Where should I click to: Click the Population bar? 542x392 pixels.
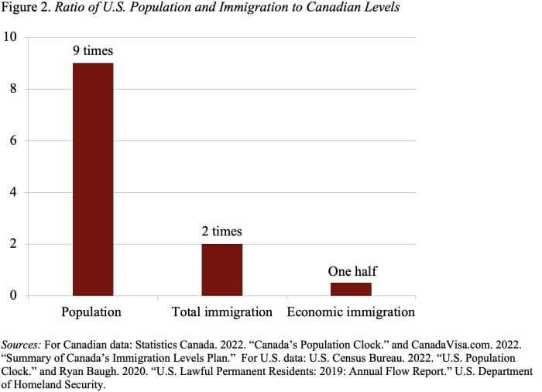[93, 179]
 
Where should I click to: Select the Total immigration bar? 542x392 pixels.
[221, 270]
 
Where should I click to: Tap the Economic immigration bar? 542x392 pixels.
[351, 289]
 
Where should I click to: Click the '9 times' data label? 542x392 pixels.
[93, 51]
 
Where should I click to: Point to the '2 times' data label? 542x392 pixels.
[221, 231]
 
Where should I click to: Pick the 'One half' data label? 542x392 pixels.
[352, 271]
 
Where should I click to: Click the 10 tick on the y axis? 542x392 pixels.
[11, 37]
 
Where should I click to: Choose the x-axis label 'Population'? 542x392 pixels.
[91, 312]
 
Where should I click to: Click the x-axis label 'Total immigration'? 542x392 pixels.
[221, 312]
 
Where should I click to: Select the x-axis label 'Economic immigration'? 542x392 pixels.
[351, 312]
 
